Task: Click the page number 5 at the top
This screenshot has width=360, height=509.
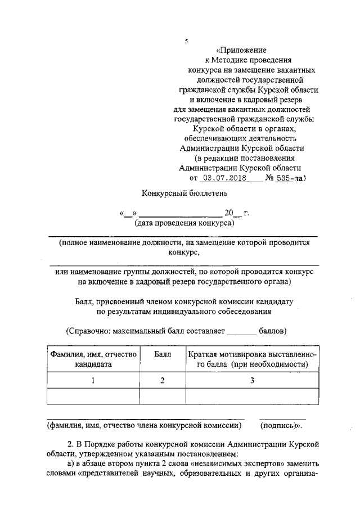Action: pos(186,41)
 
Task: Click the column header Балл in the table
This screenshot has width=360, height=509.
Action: pos(162,355)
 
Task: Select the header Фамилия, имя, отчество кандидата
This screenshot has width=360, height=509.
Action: pos(93,359)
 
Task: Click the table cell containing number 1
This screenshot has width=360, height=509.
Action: pos(93,381)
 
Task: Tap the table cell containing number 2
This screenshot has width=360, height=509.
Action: pos(162,381)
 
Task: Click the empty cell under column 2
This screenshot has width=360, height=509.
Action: pos(162,397)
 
